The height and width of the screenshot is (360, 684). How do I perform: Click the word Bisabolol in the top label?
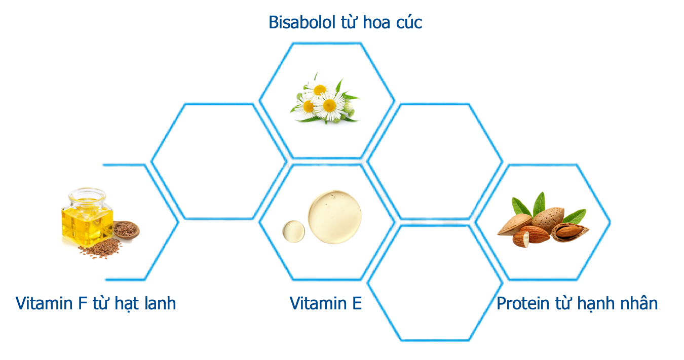(x=302, y=22)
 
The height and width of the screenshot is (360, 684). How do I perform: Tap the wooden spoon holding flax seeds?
(x=126, y=229)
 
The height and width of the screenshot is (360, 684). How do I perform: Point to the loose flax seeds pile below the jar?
(x=100, y=249)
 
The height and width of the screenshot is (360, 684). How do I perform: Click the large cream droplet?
(x=334, y=217)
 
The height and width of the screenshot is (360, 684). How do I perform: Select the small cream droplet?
(x=293, y=231)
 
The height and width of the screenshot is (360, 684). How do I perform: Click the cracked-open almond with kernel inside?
(x=570, y=232)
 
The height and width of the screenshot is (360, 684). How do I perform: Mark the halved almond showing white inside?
(x=521, y=239)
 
